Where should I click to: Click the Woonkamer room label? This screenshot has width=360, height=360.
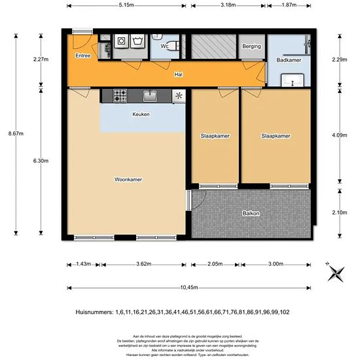128,179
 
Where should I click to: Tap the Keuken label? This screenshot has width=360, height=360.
141,115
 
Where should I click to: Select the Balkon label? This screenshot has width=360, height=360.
251,214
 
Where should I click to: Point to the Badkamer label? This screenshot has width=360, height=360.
289,60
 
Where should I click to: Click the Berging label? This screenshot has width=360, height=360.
251,46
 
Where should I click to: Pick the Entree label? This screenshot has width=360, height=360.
83,56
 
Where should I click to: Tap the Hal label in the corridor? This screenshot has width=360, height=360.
177,75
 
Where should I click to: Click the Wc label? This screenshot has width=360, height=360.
165,46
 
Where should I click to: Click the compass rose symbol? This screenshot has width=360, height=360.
336,273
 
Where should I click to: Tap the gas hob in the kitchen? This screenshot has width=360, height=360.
120,96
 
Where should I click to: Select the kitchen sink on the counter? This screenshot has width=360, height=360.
149,96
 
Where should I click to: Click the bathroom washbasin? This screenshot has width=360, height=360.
291,81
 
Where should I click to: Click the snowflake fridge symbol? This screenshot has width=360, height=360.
179,96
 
